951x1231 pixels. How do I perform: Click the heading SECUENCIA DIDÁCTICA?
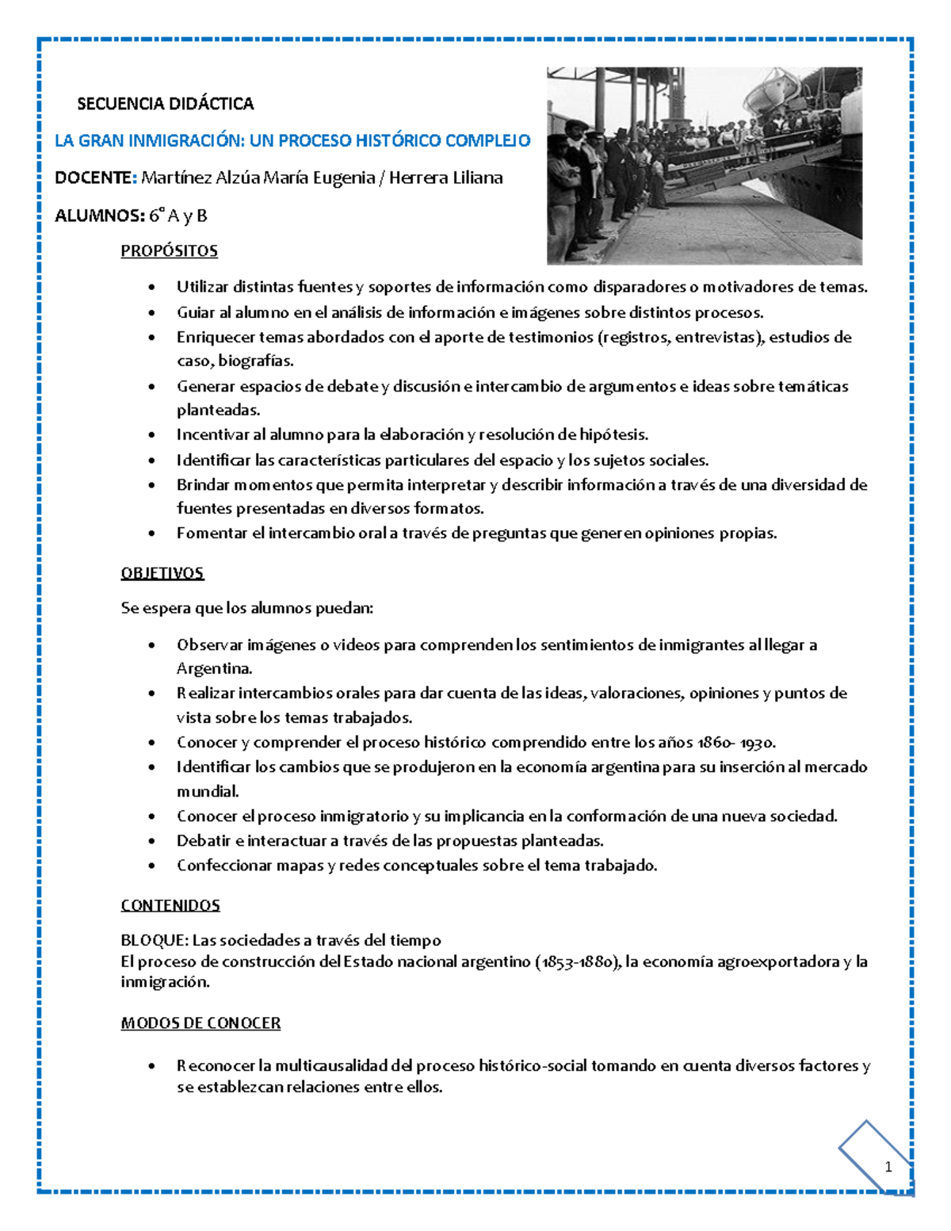point(165,104)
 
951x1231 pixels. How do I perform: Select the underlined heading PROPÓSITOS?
point(169,251)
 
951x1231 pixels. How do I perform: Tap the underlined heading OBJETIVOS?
point(162,573)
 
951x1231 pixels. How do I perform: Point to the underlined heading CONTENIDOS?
point(170,905)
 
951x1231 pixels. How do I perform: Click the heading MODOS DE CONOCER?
point(201,1023)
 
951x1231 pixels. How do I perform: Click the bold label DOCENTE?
point(96,178)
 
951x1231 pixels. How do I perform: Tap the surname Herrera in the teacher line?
point(419,178)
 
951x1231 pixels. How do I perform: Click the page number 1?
point(888,1167)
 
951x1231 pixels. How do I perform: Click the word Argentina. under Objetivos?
point(214,668)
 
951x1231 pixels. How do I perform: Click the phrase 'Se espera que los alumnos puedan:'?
point(246,609)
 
